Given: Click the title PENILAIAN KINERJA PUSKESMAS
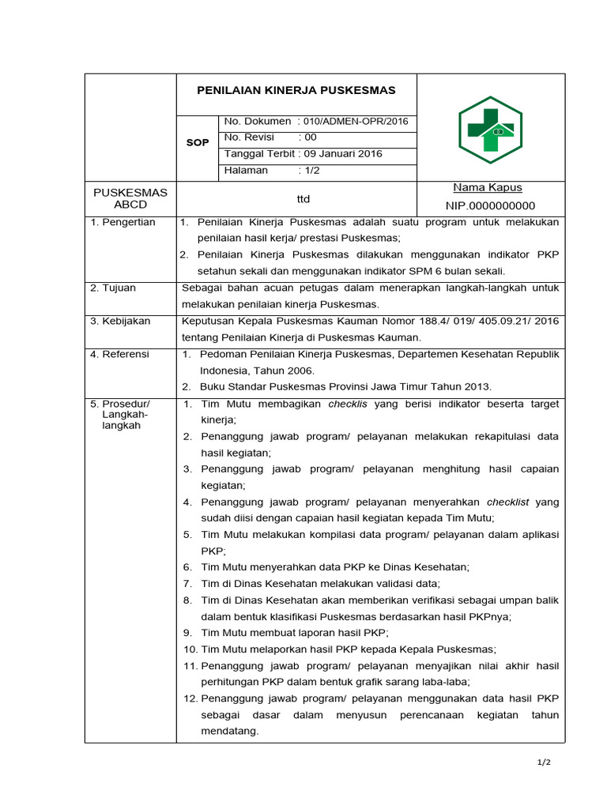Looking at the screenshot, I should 296,90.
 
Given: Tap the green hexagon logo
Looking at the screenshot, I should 491,130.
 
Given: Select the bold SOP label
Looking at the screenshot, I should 198,143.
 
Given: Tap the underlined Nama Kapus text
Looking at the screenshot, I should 487,188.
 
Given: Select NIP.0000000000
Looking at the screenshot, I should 491,205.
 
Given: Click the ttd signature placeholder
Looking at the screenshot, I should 303,199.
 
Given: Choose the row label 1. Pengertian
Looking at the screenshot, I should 123,222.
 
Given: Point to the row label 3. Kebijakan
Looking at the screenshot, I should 120,321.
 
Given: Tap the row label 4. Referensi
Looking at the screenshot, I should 120,354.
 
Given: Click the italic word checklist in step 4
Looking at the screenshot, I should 507,502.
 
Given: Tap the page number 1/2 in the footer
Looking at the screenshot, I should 543,762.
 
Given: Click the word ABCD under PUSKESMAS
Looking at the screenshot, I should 130,205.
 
